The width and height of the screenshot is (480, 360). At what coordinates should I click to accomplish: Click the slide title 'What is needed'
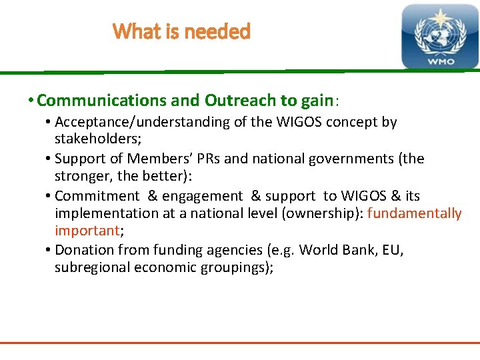pyautogui.click(x=181, y=31)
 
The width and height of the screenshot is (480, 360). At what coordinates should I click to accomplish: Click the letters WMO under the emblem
pyautogui.click(x=441, y=61)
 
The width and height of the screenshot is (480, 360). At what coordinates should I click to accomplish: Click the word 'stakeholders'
pyautogui.click(x=94, y=140)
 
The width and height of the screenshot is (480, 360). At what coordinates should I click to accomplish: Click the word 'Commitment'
pyautogui.click(x=97, y=196)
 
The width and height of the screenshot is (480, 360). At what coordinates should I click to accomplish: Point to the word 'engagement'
pyautogui.click(x=203, y=196)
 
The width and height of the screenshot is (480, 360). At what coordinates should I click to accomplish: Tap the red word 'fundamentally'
pyautogui.click(x=414, y=213)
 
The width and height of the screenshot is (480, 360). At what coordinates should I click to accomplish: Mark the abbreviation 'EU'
pyautogui.click(x=394, y=250)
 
